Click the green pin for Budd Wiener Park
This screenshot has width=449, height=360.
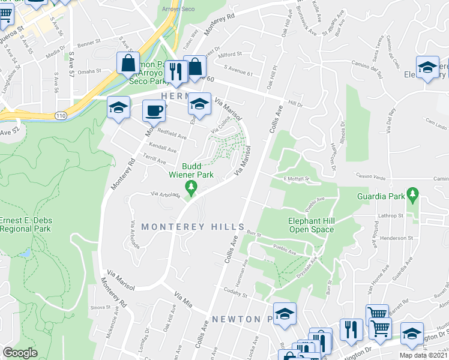coord(191,188)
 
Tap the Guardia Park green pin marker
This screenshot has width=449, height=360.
coord(412,194)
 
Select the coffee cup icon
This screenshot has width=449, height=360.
coord(154,111)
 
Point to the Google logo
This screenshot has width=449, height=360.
coord(20,353)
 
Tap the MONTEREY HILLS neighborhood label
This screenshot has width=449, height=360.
coord(193,227)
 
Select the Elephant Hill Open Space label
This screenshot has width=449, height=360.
coord(312,224)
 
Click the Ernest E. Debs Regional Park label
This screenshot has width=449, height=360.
coord(25,224)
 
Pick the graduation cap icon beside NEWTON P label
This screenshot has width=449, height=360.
coord(285,314)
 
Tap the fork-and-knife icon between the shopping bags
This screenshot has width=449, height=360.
coord(175,72)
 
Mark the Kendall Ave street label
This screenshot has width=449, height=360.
coord(163,148)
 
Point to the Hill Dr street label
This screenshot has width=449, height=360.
coord(295,103)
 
